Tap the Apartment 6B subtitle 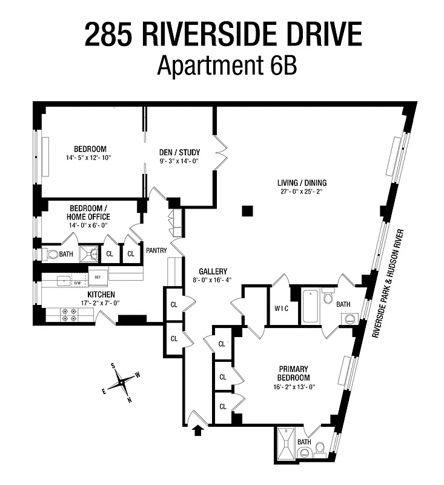coord(227,64)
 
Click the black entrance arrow coord(196,431)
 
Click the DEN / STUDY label coord(180,152)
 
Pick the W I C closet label coord(282,308)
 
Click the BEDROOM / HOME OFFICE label coord(90,212)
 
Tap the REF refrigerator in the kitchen coord(98,276)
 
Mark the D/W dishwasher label coord(78,283)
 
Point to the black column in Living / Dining coord(246,210)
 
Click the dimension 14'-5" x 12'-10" coord(90,158)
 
